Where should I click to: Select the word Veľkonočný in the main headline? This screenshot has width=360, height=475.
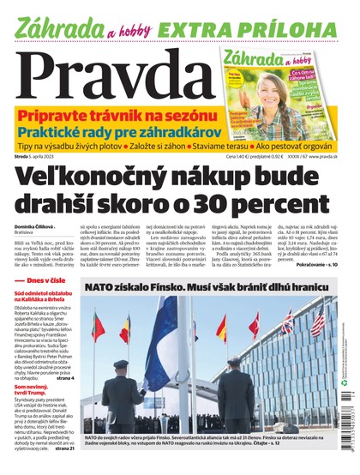[95, 179]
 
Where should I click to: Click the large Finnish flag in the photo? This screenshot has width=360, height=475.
[163, 344]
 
